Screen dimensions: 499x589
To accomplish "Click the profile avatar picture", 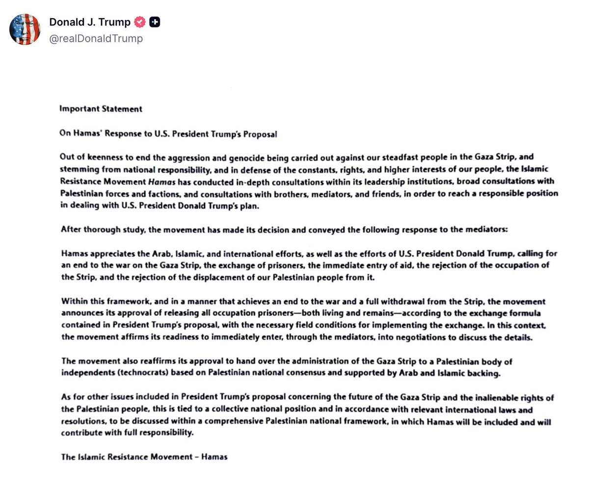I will (x=25, y=29).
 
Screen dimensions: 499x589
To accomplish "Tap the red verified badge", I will (x=140, y=22).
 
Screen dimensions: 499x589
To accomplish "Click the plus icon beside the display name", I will (x=155, y=22).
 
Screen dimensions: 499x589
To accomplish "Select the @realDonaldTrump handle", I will (x=96, y=38).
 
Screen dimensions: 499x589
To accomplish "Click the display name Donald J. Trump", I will (x=90, y=22).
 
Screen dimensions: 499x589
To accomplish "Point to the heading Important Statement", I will (x=101, y=109).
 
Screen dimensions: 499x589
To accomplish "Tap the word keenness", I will (x=105, y=157).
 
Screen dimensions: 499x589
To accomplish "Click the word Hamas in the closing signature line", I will (x=214, y=457).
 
